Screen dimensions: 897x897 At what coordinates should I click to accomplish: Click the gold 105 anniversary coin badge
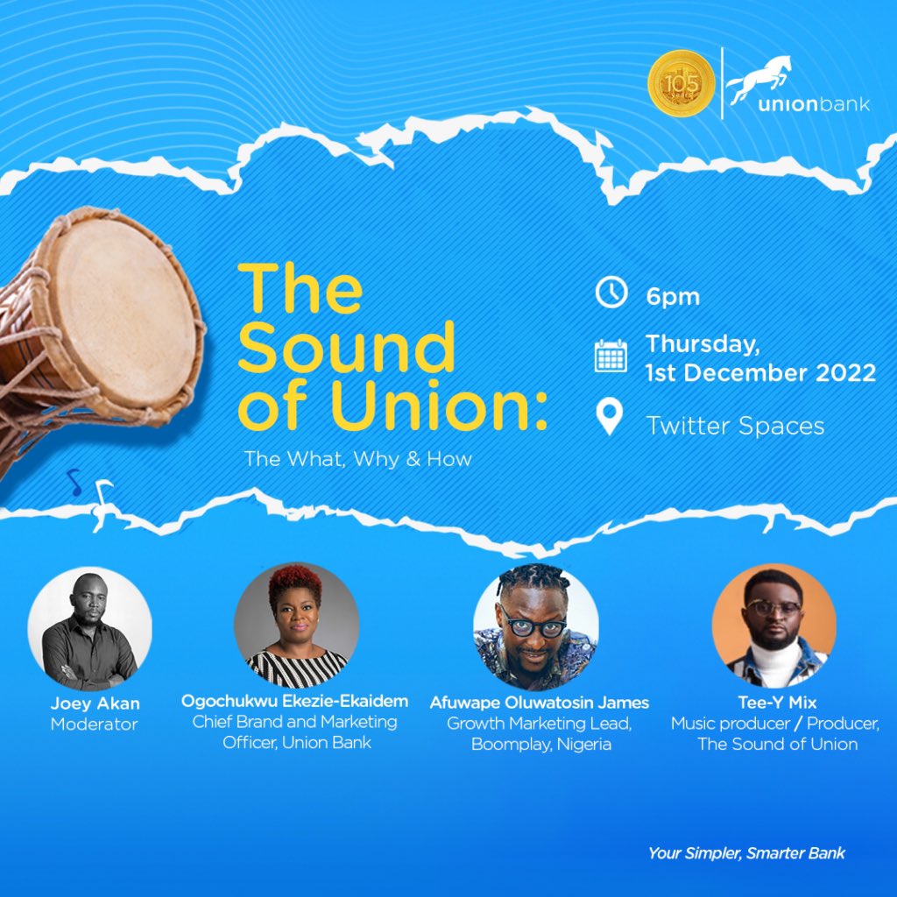(681, 85)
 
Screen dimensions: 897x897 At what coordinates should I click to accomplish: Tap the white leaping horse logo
(759, 78)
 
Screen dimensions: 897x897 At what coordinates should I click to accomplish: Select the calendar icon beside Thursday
(611, 356)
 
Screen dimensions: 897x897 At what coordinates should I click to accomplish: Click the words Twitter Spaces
(735, 426)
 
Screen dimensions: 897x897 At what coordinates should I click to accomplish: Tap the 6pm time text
(673, 296)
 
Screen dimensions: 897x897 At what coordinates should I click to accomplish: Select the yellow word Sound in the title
(346, 349)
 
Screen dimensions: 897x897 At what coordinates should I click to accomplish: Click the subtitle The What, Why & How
(357, 458)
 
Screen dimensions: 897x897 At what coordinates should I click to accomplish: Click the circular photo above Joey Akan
(89, 628)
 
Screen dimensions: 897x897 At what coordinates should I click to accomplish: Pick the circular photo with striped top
(296, 625)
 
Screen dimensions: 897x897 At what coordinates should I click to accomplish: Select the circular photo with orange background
(773, 625)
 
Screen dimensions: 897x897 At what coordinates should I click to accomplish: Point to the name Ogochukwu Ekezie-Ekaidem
(296, 702)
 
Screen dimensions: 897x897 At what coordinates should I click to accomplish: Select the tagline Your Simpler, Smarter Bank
(746, 852)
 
